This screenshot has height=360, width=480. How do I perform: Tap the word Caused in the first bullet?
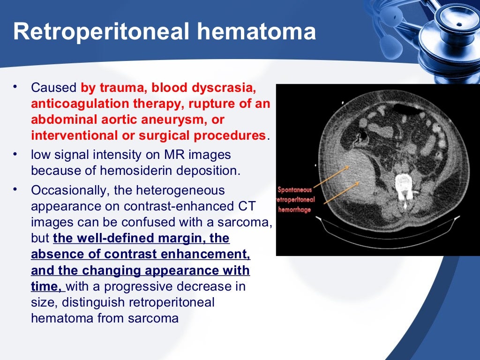(x=53, y=88)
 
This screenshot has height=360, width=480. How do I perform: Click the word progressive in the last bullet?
(x=152, y=286)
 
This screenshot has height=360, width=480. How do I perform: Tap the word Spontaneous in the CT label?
(x=295, y=190)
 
